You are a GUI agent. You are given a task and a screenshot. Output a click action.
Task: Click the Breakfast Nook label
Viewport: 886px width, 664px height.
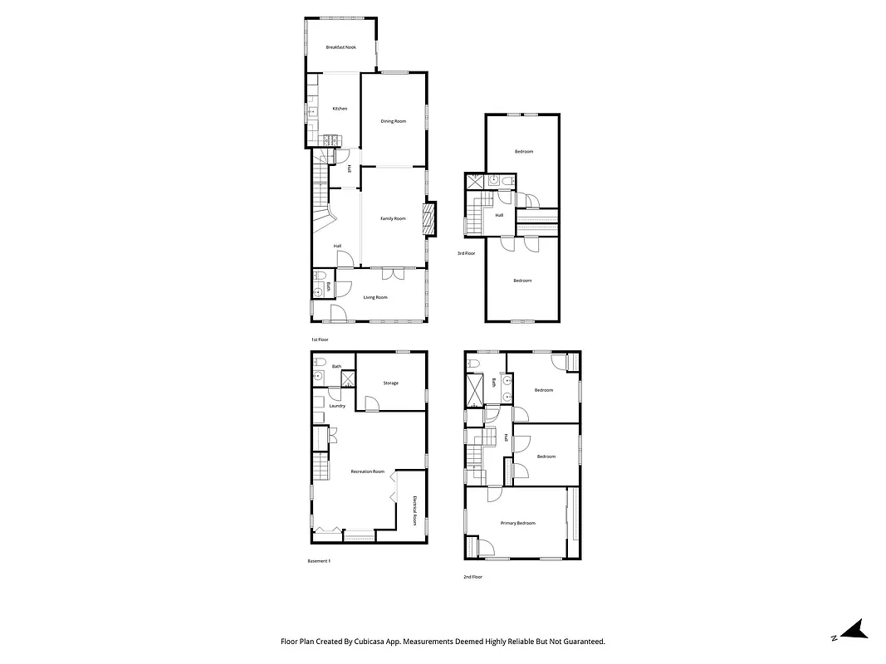coord(340,47)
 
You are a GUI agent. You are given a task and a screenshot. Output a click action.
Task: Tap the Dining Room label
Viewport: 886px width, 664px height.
coord(394,121)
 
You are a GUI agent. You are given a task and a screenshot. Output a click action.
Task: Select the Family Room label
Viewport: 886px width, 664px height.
coord(393,218)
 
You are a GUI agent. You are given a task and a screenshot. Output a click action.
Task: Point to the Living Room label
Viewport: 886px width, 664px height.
coord(375,297)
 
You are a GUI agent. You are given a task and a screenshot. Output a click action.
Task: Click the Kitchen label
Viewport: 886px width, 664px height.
coord(340,109)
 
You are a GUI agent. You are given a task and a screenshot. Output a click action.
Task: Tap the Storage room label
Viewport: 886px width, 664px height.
coord(390,383)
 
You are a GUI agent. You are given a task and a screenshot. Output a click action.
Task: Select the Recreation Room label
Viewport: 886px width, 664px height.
coord(367,471)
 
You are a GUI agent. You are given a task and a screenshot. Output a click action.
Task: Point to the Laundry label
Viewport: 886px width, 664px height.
coord(336,406)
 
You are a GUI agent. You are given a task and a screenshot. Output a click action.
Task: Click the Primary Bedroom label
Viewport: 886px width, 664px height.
coord(517,523)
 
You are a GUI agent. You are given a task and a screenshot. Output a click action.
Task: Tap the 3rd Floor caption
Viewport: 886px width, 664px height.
coord(466,253)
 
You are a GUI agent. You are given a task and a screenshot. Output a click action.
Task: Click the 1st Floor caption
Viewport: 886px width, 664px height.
coord(320,339)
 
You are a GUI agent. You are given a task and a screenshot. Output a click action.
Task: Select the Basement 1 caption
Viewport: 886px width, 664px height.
coord(319,561)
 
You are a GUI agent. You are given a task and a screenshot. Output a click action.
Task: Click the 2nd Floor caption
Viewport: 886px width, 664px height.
coord(473,577)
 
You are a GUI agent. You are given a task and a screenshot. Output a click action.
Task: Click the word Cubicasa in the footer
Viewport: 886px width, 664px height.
coord(378,642)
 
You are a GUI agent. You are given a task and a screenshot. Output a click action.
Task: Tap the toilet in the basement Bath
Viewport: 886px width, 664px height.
coord(318,364)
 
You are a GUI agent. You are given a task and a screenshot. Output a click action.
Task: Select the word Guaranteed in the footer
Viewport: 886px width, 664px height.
coord(582,642)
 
